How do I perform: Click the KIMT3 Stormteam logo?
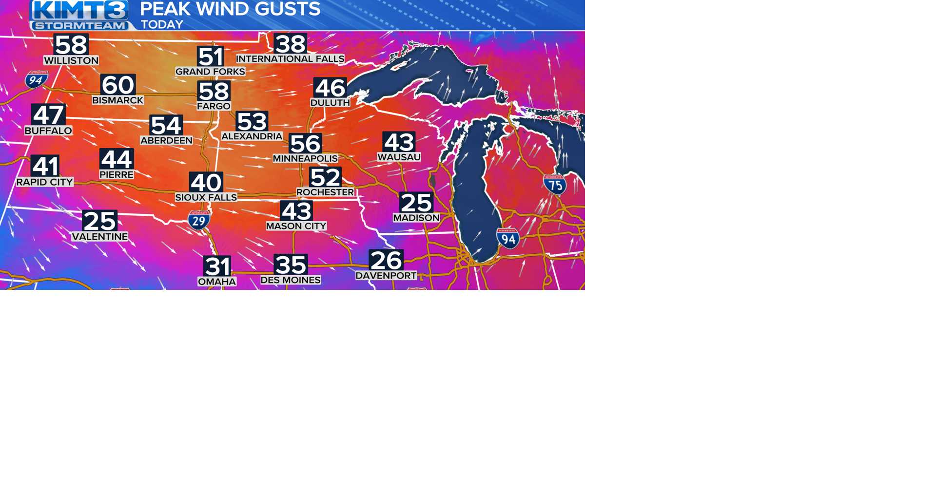click(x=79, y=15)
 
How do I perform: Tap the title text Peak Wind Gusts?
click(x=230, y=9)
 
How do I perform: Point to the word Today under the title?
click(x=162, y=24)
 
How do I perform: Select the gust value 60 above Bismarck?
click(x=118, y=85)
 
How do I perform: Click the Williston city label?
click(x=71, y=60)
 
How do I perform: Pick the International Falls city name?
click(x=290, y=59)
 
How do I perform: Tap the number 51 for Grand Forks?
click(x=210, y=57)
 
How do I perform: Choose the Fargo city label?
click(x=214, y=106)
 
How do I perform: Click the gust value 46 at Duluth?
click(x=330, y=88)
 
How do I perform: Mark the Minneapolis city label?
click(x=305, y=159)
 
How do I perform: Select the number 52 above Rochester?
click(x=325, y=177)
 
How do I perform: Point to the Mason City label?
click(x=296, y=226)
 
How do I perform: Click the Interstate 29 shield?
click(x=199, y=220)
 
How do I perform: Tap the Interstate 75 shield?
click(x=555, y=185)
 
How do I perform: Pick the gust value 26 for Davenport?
click(x=386, y=260)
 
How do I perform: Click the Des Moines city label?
click(x=291, y=280)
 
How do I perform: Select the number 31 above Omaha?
click(x=217, y=266)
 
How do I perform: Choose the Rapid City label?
click(x=45, y=182)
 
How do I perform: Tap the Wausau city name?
click(x=399, y=157)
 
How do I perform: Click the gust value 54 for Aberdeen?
click(x=166, y=125)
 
